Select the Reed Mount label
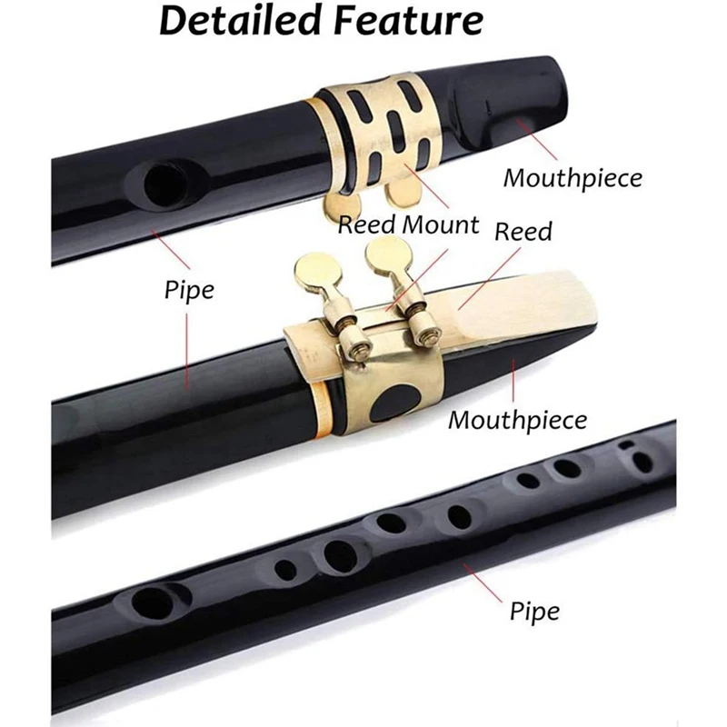coord(408,224)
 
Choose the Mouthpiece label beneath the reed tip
coord(517,420)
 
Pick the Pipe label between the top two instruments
coord(189,291)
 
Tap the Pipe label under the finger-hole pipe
coord(533,609)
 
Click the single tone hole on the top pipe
coord(164,185)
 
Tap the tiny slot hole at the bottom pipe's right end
coord(625,443)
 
